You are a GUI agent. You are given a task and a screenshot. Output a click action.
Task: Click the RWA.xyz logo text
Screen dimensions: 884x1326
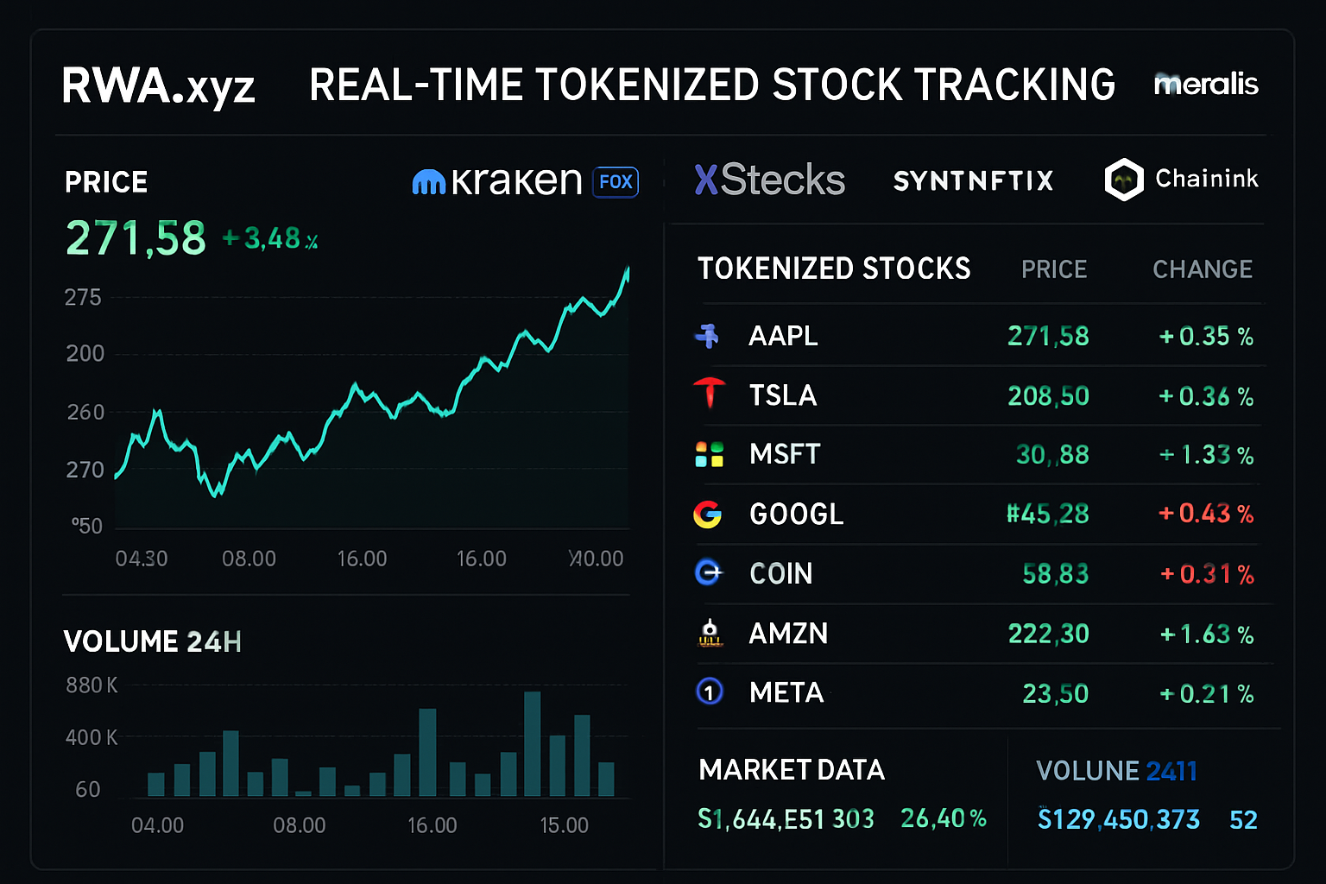pyautogui.click(x=158, y=86)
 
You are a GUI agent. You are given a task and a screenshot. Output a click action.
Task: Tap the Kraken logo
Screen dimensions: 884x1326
pyautogui.click(x=497, y=181)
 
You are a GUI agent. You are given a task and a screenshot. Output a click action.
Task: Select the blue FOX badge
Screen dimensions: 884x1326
pyautogui.click(x=616, y=182)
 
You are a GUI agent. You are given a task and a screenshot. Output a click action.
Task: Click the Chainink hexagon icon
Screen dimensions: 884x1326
pyautogui.click(x=1124, y=180)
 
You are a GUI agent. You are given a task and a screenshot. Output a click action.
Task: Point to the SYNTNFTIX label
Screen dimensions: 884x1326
pyautogui.click(x=973, y=180)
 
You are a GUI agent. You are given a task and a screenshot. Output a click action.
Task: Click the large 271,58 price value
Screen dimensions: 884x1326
pyautogui.click(x=136, y=238)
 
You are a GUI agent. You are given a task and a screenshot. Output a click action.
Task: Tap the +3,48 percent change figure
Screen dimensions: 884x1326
pyautogui.click(x=270, y=238)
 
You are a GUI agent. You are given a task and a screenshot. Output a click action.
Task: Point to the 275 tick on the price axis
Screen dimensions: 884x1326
pyautogui.click(x=83, y=298)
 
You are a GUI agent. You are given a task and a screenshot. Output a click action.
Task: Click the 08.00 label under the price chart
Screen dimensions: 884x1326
pyautogui.click(x=249, y=559)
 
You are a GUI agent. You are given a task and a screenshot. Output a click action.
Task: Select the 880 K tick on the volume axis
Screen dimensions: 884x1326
pyautogui.click(x=92, y=685)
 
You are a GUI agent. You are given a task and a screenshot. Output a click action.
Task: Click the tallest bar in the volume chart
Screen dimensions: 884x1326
pyautogui.click(x=532, y=743)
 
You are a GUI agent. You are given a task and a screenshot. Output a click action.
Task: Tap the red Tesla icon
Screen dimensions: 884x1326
pyautogui.click(x=710, y=394)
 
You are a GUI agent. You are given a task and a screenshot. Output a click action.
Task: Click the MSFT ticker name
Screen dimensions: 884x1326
pyautogui.click(x=784, y=454)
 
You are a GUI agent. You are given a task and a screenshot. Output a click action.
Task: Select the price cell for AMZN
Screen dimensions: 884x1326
pyautogui.click(x=1048, y=634)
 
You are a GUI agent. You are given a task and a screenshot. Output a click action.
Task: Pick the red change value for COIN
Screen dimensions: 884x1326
pyautogui.click(x=1206, y=574)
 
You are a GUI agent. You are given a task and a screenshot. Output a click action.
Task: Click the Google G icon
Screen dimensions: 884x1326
pyautogui.click(x=708, y=515)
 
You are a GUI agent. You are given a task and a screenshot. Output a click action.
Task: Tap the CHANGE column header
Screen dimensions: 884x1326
pyautogui.click(x=1202, y=269)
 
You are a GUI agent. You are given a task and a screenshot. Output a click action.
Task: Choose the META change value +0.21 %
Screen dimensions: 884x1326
pyautogui.click(x=1206, y=694)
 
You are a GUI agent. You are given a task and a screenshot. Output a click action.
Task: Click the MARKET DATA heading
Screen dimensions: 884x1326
pyautogui.click(x=791, y=770)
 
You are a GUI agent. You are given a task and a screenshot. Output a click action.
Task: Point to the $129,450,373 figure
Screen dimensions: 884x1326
pyautogui.click(x=1118, y=819)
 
